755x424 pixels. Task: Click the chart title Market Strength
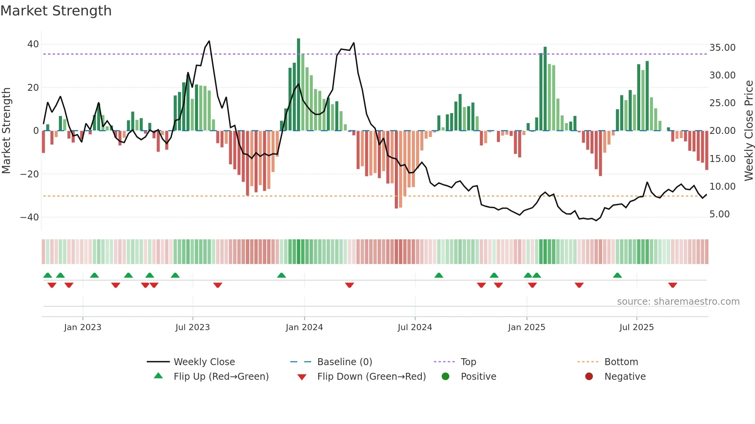pyautogui.click(x=56, y=11)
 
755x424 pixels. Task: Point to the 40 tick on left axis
pyautogui.click(x=33, y=44)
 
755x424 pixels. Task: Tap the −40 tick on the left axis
pyautogui.click(x=30, y=217)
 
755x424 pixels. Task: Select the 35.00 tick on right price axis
pyautogui.click(x=722, y=48)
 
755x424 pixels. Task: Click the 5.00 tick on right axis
pyautogui.click(x=720, y=214)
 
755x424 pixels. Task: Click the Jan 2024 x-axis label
pyautogui.click(x=304, y=327)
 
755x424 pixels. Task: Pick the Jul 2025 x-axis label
pyautogui.click(x=636, y=327)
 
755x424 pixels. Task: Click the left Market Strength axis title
pyautogui.click(x=6, y=131)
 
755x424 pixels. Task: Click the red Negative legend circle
pyautogui.click(x=589, y=377)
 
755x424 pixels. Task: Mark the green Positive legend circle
pyautogui.click(x=445, y=377)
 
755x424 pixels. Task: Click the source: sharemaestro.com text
pyautogui.click(x=678, y=302)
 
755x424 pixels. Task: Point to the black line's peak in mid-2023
pyautogui.click(x=209, y=41)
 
